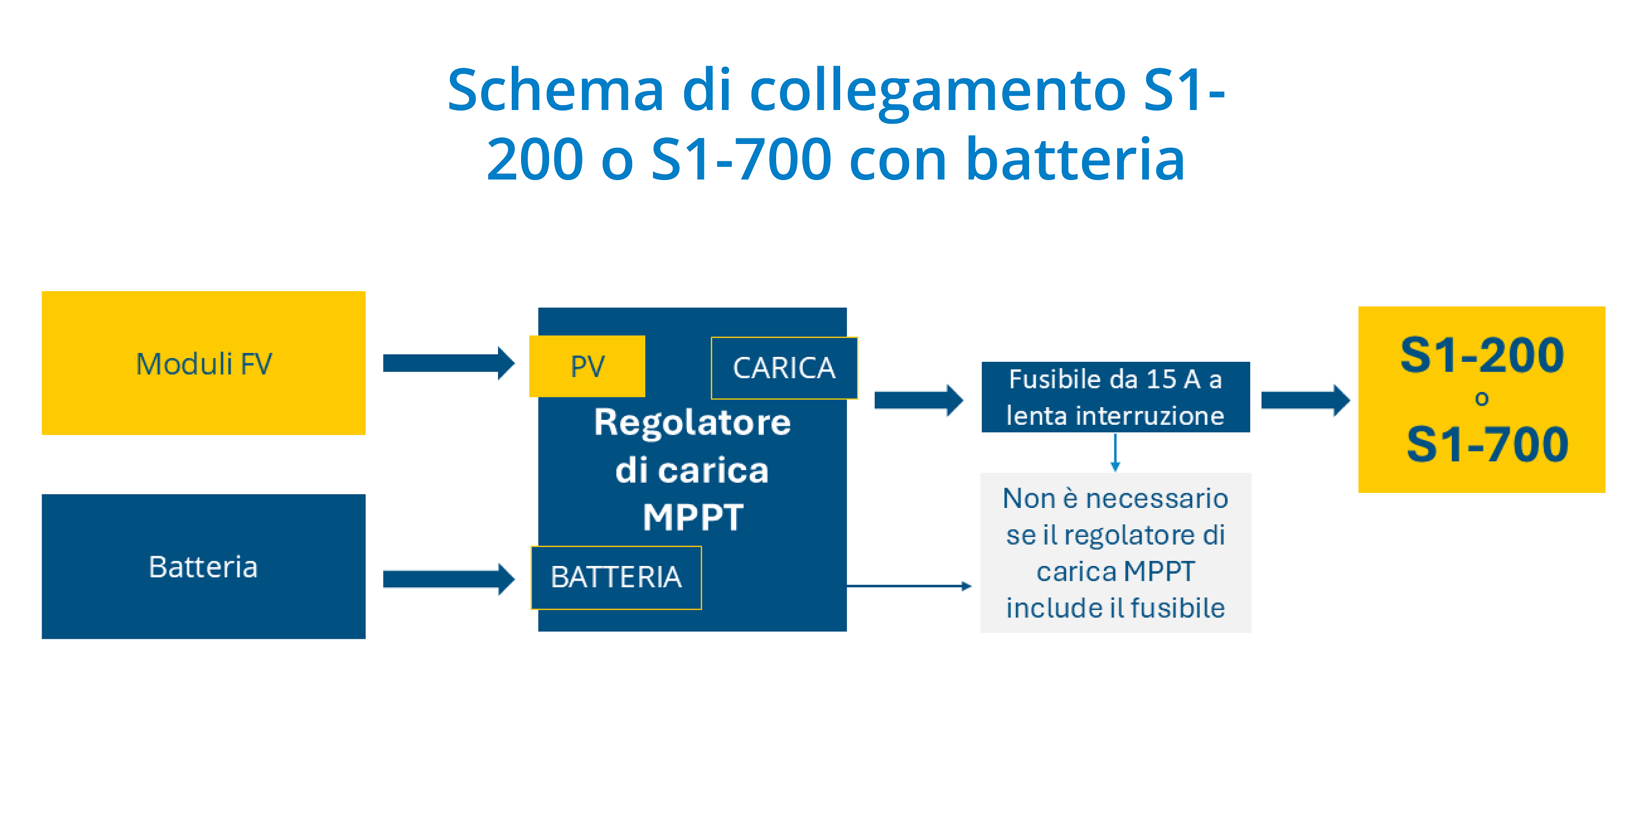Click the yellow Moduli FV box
[x=204, y=363]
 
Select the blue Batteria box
[x=204, y=566]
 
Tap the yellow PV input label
[x=587, y=366]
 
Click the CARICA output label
[x=784, y=368]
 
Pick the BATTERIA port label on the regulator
[x=616, y=577]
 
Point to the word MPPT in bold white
[x=693, y=517]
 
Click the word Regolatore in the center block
[x=692, y=423]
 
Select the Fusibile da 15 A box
[x=1115, y=397]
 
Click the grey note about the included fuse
[x=1115, y=553]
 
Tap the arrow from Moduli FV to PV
[x=449, y=363]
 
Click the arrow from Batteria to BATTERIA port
[x=449, y=579]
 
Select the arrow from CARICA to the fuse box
[x=918, y=400]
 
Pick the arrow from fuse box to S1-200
[x=1305, y=400]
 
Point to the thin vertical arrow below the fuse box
[x=1115, y=453]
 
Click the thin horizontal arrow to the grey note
[x=909, y=586]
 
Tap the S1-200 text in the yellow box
[x=1482, y=355]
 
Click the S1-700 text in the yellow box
[x=1487, y=445]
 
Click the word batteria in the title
[x=1076, y=159]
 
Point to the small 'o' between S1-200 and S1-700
[x=1482, y=400]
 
